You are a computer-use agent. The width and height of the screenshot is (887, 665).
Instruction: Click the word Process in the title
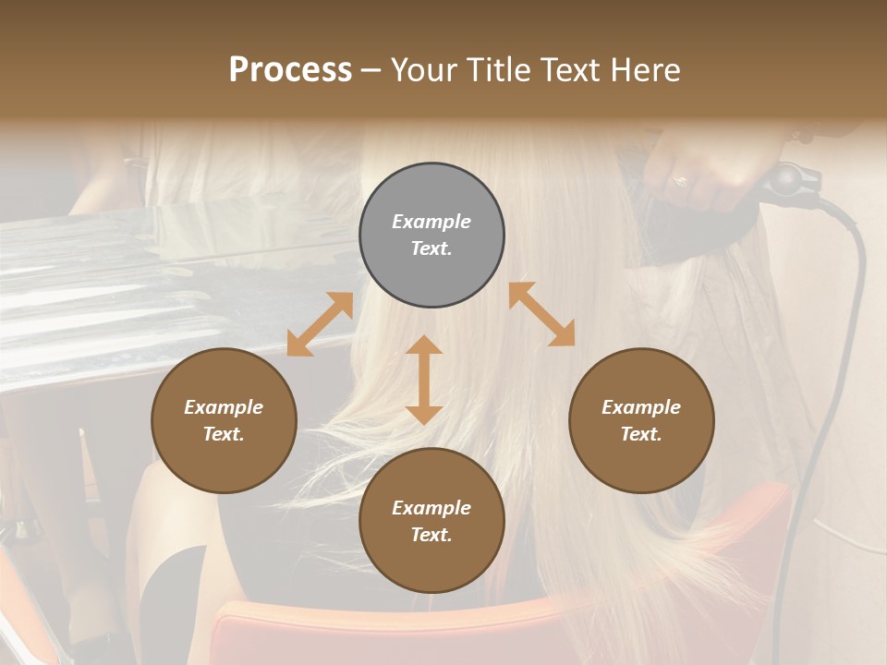290,70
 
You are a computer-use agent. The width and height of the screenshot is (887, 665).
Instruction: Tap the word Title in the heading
495,70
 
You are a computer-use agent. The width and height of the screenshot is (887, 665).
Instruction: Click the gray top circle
431,236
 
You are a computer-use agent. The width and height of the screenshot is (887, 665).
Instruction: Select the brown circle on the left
224,420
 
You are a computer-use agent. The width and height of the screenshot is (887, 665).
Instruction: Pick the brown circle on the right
641,420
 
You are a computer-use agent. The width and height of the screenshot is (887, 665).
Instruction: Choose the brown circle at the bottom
431,521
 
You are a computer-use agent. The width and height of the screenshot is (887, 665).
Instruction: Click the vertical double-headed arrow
424,380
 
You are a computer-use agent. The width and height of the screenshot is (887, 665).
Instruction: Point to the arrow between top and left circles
320,324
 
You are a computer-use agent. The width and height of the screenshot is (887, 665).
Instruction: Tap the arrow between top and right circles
541,314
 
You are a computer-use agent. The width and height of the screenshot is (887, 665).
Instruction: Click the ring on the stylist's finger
679,181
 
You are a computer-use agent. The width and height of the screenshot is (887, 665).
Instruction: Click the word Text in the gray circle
431,249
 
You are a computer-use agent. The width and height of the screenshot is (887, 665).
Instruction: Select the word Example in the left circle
224,407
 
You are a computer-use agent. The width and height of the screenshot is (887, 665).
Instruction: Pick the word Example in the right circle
641,407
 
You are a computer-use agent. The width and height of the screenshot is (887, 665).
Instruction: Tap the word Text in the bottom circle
431,535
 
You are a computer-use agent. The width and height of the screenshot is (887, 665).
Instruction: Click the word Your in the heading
420,70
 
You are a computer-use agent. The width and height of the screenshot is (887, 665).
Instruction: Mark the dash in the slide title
371,70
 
